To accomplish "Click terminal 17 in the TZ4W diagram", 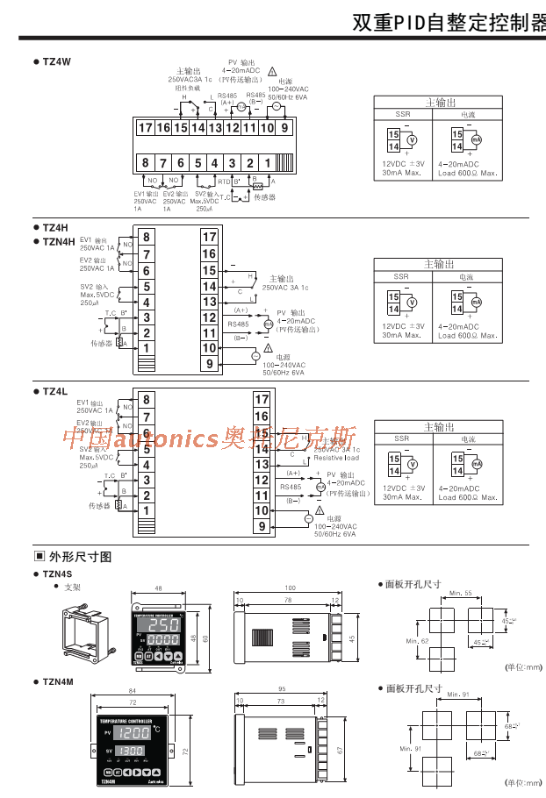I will click(x=146, y=127).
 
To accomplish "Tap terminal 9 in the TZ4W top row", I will click(x=284, y=127).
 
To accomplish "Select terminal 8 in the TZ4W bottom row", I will click(x=146, y=162).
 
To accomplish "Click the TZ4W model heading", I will click(x=55, y=61).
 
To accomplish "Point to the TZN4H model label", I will click(x=59, y=241).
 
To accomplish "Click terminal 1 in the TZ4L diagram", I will click(x=147, y=510).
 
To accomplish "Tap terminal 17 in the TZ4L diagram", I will click(x=261, y=399).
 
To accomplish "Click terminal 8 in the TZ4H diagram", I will click(x=147, y=237).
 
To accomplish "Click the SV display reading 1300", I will click(x=132, y=752).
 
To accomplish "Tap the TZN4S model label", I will click(x=58, y=574).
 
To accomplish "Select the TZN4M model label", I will click(x=59, y=680).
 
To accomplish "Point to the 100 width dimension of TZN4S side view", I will click(x=290, y=588).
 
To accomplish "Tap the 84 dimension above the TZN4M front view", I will click(x=132, y=693).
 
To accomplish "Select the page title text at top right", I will click(x=448, y=23).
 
